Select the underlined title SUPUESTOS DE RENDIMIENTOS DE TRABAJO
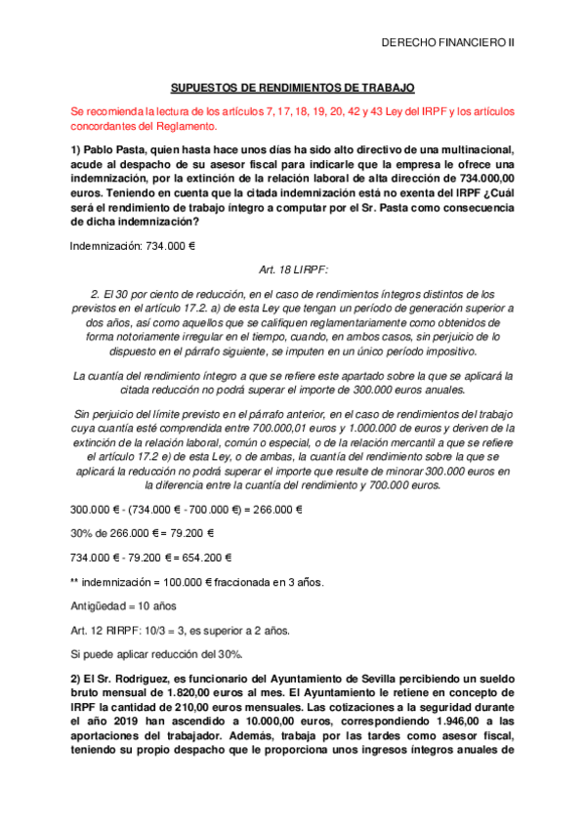(286, 87)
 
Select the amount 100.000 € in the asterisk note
(177, 583)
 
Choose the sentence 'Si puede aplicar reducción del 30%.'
(156, 653)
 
